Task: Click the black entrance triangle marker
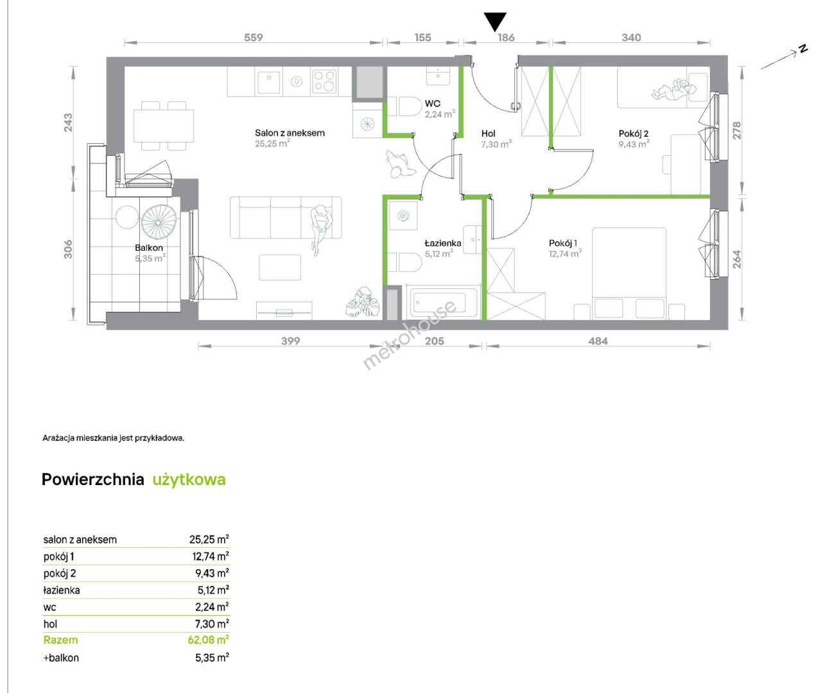coord(495,21)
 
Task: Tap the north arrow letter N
coord(803,49)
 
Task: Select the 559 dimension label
coord(253,37)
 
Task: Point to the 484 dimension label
coord(598,341)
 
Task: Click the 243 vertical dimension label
coord(68,123)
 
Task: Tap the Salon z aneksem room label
coord(290,133)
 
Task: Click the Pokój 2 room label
coord(634,134)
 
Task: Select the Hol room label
coord(489,134)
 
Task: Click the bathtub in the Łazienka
coord(444,303)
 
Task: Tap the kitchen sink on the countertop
coord(268,81)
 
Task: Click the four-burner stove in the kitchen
coord(324,81)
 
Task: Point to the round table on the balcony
coord(127,217)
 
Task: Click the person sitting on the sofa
coord(321,230)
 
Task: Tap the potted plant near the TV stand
coord(363,303)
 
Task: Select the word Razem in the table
coord(60,640)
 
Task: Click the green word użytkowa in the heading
coord(189,480)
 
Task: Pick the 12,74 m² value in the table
coord(211,556)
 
